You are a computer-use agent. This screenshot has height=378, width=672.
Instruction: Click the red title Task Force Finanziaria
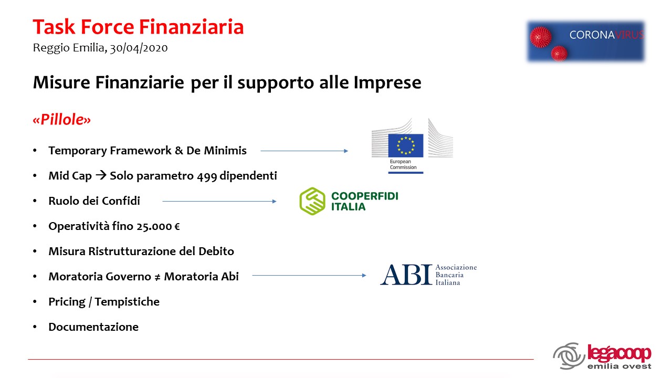[x=138, y=27]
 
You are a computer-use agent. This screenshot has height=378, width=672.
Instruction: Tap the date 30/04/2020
[x=139, y=48]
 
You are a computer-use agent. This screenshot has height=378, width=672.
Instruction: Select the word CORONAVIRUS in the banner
[x=606, y=35]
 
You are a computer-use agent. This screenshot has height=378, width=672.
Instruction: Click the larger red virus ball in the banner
[x=541, y=37]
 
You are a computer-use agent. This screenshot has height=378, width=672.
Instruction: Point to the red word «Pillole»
[x=61, y=119]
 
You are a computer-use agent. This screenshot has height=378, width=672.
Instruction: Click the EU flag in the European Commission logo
[x=406, y=145]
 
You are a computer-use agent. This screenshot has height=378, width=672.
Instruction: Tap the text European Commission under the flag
[x=403, y=164]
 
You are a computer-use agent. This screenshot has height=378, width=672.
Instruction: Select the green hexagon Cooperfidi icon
[x=312, y=201]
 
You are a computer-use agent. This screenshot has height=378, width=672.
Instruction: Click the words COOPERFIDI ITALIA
[x=364, y=201]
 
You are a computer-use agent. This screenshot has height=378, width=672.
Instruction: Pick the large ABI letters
[x=406, y=275]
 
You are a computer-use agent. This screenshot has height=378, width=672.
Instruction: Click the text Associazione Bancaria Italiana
[x=456, y=275]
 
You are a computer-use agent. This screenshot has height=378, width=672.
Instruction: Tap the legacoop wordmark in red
[x=619, y=353]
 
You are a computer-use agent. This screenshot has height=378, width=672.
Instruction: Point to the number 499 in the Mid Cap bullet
[x=207, y=176]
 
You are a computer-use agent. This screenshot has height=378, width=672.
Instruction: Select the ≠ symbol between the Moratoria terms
[x=157, y=277]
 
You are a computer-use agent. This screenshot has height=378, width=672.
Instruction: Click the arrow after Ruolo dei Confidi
[x=219, y=201]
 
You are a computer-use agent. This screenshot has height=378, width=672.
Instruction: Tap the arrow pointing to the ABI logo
[x=309, y=275]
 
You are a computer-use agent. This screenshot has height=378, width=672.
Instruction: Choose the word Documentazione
[x=93, y=327]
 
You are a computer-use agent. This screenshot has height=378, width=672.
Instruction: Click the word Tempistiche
[x=127, y=302]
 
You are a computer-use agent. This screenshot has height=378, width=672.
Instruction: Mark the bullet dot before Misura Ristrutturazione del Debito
[x=35, y=251]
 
